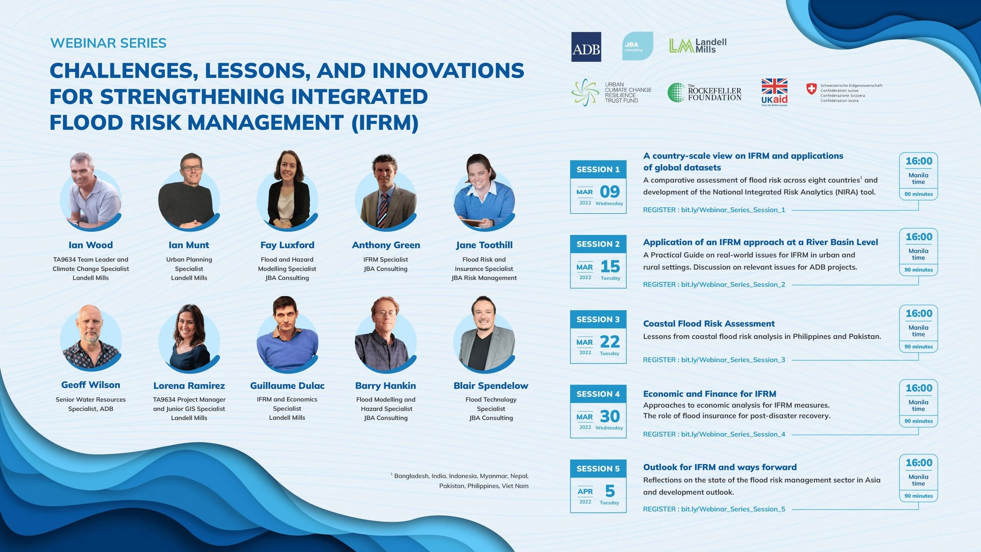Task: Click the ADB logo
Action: pyautogui.click(x=586, y=47)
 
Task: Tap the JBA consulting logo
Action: pyautogui.click(x=637, y=46)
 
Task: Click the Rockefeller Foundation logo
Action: pyautogui.click(x=704, y=93)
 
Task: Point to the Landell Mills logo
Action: pyautogui.click(x=698, y=46)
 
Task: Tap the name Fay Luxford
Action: pyautogui.click(x=287, y=245)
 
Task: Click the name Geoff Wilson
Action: pyautogui.click(x=91, y=385)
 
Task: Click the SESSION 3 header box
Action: pyautogui.click(x=598, y=319)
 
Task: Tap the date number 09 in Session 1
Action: pyautogui.click(x=610, y=192)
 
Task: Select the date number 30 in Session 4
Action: pyautogui.click(x=610, y=416)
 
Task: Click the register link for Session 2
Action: pyautogui.click(x=714, y=284)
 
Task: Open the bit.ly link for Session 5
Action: pyautogui.click(x=733, y=509)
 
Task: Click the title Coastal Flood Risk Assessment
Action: pyautogui.click(x=709, y=324)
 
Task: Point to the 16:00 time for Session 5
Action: pyautogui.click(x=919, y=462)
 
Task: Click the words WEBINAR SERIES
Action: pyautogui.click(x=108, y=43)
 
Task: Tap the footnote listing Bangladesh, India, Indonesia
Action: pyautogui.click(x=461, y=481)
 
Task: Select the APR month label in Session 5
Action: pyautogui.click(x=585, y=491)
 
